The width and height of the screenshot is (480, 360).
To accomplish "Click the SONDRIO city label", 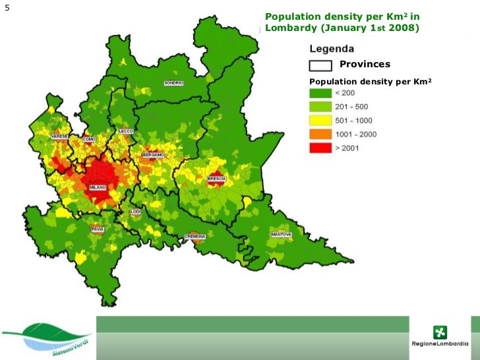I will (x=173, y=83).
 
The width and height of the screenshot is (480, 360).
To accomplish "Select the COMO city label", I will (x=90, y=139).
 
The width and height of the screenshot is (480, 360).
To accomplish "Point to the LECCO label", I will (x=126, y=131).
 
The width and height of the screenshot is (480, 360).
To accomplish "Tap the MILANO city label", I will (x=97, y=187).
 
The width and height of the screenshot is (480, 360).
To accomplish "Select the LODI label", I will (x=135, y=212).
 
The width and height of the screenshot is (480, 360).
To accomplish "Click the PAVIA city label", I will (x=98, y=229).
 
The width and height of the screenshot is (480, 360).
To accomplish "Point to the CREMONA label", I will (x=195, y=236).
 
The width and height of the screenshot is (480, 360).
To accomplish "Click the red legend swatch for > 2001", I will (x=320, y=148).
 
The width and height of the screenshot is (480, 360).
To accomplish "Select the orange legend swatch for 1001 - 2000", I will (x=320, y=135).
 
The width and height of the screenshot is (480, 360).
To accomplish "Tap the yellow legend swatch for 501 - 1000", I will (x=320, y=121).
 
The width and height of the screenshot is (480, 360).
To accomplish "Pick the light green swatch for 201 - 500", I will (x=320, y=107).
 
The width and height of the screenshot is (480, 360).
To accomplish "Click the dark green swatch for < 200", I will (x=320, y=93).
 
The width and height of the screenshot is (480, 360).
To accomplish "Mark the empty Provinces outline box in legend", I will (x=320, y=65).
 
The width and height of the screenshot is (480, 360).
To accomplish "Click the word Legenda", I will (x=332, y=49).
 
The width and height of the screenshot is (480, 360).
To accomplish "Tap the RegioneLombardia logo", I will (x=439, y=336).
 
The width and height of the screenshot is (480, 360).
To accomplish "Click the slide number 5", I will (x=7, y=9).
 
